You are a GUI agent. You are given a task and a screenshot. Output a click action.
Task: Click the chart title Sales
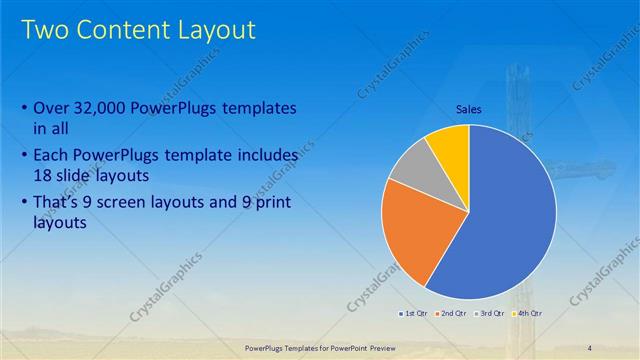click(x=470, y=110)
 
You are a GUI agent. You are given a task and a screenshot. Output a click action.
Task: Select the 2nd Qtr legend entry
click(x=453, y=315)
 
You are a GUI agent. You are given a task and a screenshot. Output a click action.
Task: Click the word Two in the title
click(x=46, y=30)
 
